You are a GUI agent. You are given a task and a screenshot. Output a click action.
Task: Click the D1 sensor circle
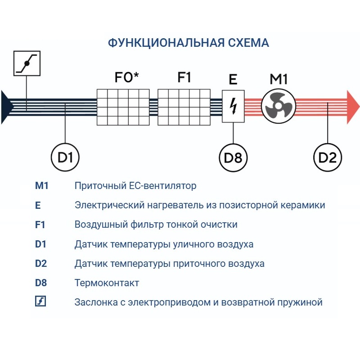(x=65, y=157)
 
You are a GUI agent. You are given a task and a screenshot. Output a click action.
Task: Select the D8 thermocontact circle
(x=233, y=157)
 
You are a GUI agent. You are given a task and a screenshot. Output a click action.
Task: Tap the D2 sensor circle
(x=328, y=157)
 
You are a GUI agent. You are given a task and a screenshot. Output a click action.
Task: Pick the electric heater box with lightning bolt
(x=233, y=106)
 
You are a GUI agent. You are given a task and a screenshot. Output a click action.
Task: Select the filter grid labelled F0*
(x=123, y=107)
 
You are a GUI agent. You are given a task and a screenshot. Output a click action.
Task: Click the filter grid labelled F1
(x=184, y=107)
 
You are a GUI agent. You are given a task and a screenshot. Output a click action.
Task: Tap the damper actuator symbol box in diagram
(x=27, y=63)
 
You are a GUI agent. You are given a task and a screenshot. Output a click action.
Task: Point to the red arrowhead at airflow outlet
(x=353, y=107)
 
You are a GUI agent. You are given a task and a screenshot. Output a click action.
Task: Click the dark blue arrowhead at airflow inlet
(x=7, y=107)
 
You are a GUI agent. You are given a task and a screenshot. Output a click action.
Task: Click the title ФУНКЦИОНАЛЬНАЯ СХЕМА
(x=189, y=43)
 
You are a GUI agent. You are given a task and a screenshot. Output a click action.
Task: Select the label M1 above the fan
(x=279, y=79)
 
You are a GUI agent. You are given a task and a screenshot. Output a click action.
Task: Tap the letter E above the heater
(x=233, y=80)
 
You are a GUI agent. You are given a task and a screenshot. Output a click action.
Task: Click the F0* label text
(x=126, y=77)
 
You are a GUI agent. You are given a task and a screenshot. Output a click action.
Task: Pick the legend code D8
(x=41, y=283)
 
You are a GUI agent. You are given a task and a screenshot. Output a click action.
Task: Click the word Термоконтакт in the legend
(x=107, y=283)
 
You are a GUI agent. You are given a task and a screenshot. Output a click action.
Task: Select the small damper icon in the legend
(x=40, y=302)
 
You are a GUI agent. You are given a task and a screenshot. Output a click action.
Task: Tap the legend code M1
(x=41, y=185)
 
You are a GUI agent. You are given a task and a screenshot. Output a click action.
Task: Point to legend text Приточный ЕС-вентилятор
(x=135, y=185)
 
